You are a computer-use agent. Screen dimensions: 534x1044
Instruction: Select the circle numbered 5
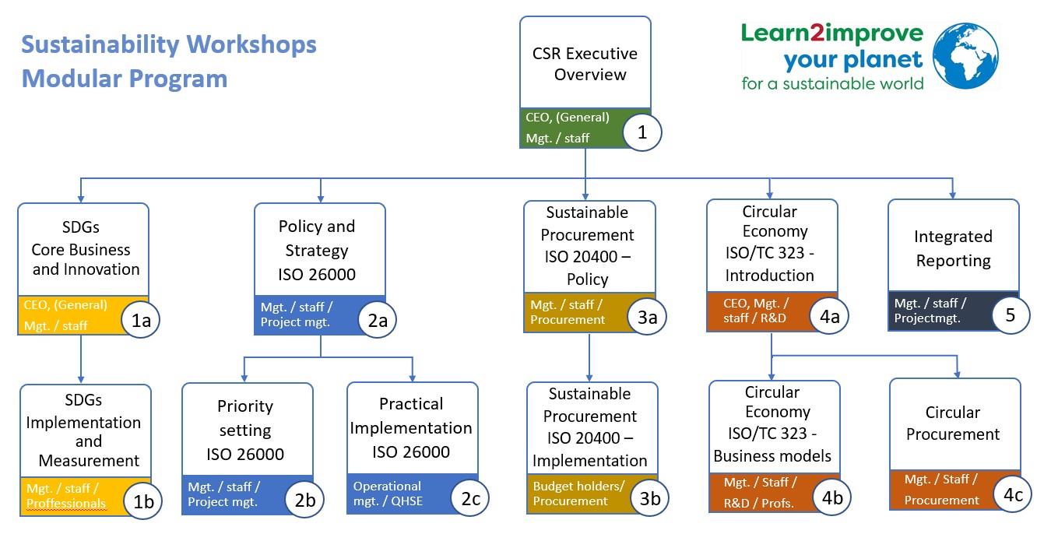click(1011, 315)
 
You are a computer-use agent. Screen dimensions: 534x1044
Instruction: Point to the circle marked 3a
click(647, 317)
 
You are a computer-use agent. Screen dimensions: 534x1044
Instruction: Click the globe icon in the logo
click(965, 55)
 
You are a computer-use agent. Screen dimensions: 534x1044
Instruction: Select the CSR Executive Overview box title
click(585, 64)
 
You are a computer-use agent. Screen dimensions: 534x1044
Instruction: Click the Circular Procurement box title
click(953, 423)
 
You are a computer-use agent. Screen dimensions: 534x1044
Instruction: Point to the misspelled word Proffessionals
click(66, 503)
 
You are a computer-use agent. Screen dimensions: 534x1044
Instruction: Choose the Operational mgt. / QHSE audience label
click(388, 494)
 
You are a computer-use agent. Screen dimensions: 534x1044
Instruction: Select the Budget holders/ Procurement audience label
click(578, 494)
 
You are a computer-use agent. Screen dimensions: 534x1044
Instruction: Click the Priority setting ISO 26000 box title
click(245, 430)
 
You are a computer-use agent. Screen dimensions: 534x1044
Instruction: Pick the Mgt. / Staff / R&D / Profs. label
click(758, 493)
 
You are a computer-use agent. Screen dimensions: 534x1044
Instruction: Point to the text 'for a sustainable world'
click(832, 83)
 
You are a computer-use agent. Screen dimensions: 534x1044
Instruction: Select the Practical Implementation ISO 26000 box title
click(411, 427)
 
